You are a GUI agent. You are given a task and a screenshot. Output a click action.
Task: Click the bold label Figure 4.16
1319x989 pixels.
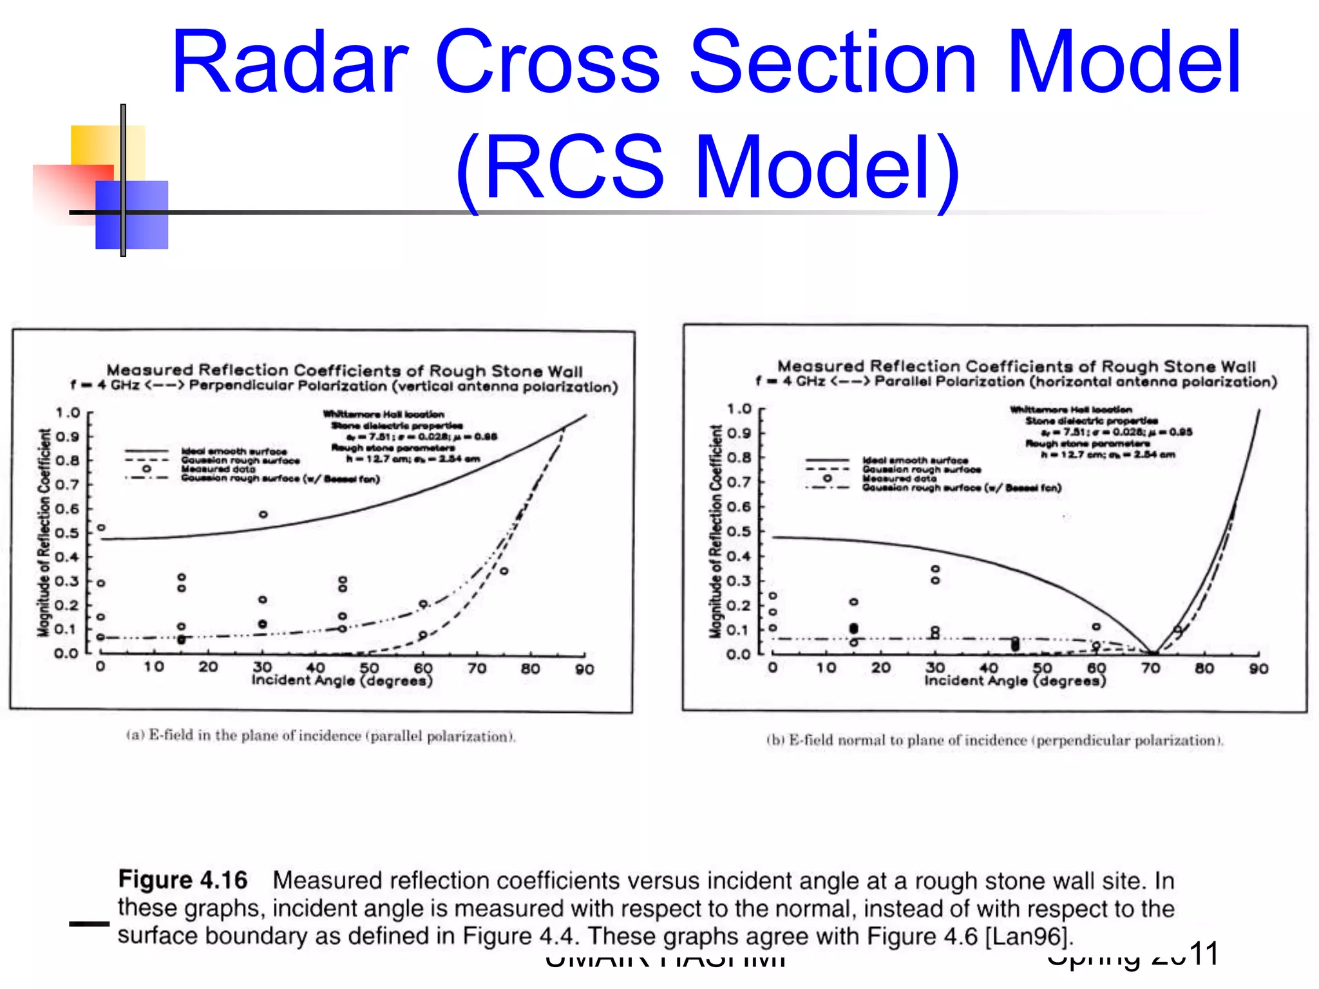183,880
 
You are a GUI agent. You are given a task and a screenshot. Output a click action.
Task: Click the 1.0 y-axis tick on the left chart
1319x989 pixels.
67,413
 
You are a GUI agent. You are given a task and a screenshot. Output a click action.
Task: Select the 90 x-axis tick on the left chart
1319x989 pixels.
584,669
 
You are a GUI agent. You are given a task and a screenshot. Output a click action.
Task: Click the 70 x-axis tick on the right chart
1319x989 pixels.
1150,668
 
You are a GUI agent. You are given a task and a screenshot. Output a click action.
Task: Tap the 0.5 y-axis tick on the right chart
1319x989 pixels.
739,532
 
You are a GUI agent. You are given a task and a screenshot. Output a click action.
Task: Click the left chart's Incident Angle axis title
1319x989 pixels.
342,681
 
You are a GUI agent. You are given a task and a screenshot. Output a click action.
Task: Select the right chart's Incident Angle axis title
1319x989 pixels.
1015,681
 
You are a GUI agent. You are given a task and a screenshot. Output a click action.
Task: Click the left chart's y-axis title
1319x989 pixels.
44,532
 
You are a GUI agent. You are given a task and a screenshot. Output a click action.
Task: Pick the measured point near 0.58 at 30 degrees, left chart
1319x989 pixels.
263,514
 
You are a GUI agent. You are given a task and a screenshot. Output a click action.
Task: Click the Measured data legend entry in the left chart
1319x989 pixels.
218,469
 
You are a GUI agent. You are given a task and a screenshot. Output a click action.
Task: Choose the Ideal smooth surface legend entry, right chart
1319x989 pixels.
915,460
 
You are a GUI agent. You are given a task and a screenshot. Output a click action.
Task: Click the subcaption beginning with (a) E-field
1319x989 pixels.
321,736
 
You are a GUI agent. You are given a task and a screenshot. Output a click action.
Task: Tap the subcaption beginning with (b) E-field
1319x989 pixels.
994,740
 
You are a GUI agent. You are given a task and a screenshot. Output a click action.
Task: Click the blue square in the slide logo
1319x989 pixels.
132,214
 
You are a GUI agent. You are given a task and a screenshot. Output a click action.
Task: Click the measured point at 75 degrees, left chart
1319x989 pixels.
504,571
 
